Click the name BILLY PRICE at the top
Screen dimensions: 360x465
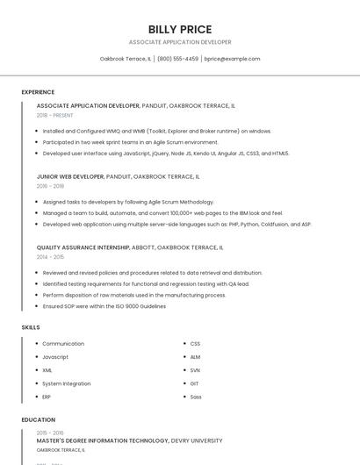coord(180,29)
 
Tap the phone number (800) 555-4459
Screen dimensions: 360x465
coord(177,59)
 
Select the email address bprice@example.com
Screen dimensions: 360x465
coord(232,59)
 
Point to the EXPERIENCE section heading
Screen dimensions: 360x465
coord(38,92)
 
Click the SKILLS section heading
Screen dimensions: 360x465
coord(31,327)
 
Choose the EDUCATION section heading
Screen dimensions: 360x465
coord(37,420)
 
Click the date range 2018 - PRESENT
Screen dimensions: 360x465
coord(55,115)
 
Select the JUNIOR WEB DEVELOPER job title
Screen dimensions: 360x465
coord(70,176)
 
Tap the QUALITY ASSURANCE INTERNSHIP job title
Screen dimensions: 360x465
coord(84,247)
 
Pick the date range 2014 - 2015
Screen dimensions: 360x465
coord(50,257)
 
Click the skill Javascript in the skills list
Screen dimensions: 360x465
coord(55,357)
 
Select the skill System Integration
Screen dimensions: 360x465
coord(66,383)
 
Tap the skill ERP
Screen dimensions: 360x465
coord(47,397)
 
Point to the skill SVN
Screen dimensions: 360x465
coord(195,370)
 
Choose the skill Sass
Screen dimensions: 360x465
coord(196,397)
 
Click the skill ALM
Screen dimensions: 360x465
coord(195,357)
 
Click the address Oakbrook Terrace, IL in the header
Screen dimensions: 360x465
coord(126,59)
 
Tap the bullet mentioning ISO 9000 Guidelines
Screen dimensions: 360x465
coord(104,306)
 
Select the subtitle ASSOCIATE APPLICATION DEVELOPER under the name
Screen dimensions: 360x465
coord(180,42)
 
